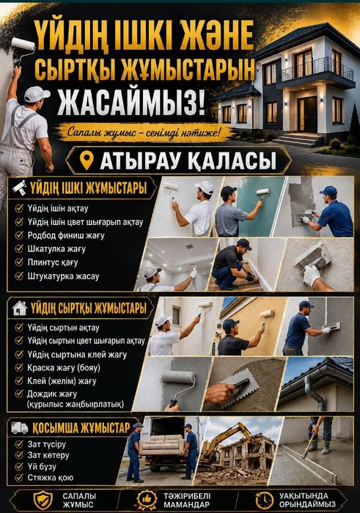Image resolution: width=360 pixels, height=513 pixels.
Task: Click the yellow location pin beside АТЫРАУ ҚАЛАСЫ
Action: [87, 160]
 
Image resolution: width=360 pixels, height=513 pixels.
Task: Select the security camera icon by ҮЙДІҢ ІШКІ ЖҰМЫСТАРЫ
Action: [19, 188]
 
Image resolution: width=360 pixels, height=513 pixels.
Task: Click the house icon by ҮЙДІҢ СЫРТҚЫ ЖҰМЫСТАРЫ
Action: [20, 308]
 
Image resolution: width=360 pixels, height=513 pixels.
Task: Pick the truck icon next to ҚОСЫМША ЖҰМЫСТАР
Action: [20, 427]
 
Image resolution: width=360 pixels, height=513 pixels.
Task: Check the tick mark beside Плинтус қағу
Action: [19, 262]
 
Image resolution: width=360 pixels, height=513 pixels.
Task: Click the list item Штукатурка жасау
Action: [63, 276]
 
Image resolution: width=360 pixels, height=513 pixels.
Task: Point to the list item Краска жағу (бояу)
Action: [64, 368]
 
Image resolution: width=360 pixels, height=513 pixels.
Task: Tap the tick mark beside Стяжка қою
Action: [19, 477]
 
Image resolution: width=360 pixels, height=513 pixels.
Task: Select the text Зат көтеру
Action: [48, 455]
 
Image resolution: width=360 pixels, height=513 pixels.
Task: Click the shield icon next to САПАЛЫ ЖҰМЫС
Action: [43, 500]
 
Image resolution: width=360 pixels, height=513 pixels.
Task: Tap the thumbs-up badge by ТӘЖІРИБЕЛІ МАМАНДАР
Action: [147, 501]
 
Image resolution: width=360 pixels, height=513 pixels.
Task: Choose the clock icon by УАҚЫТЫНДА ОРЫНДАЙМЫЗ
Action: [265, 501]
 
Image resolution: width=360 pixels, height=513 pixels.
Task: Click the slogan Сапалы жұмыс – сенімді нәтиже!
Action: [144, 133]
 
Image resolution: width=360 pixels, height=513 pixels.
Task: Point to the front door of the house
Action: [307, 114]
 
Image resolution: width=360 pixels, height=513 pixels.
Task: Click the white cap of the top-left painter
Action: [36, 95]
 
